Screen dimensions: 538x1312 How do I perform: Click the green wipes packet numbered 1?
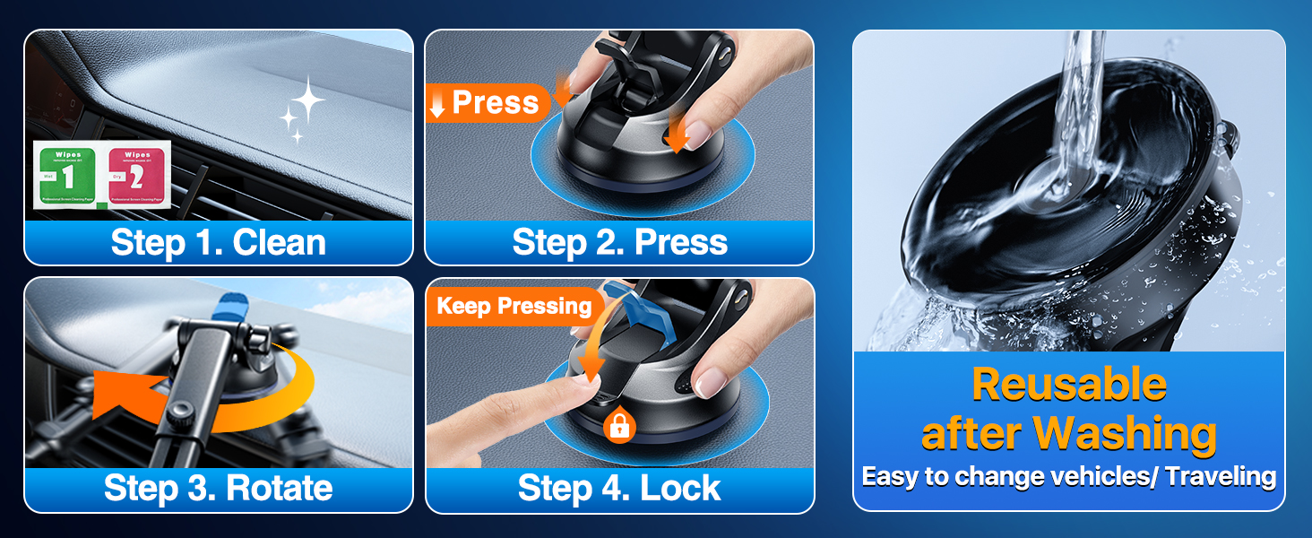pos(69,176)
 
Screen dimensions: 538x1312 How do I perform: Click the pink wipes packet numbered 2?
pos(139,176)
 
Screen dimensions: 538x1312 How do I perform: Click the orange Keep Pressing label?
pos(514,307)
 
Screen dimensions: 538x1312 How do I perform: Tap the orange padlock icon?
pos(619,426)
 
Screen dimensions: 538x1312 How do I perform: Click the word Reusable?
pos(1068,385)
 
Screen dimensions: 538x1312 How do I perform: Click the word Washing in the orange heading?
pos(1126,434)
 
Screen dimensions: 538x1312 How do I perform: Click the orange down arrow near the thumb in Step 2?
pos(676,135)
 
